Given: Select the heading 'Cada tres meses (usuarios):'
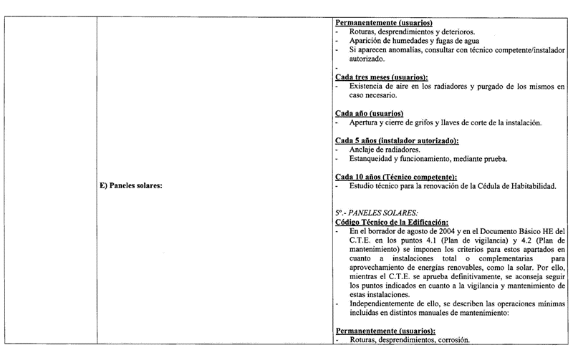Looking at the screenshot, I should tap(382, 77).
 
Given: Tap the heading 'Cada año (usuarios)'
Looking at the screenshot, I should tap(369, 114).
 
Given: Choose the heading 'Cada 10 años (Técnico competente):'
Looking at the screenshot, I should tap(396, 177).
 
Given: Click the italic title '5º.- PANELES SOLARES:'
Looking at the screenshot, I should tap(377, 213).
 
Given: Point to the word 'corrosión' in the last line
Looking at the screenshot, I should tap(451, 341).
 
